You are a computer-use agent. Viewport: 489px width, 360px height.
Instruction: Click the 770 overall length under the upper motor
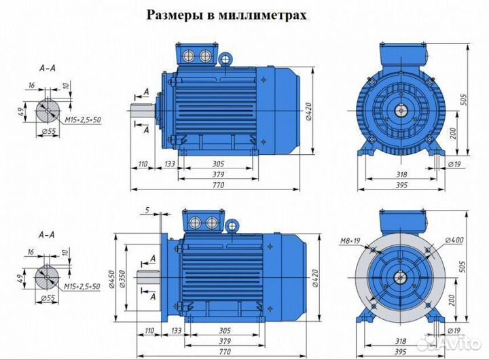tap(219, 184)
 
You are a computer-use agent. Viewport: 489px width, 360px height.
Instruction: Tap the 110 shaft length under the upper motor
tap(143, 164)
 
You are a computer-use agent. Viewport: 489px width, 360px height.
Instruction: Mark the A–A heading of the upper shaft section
tap(48, 69)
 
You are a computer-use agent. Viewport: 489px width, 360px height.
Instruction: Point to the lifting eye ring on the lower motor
tap(232, 224)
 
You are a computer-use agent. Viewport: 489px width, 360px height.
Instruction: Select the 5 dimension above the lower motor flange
tap(147, 209)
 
